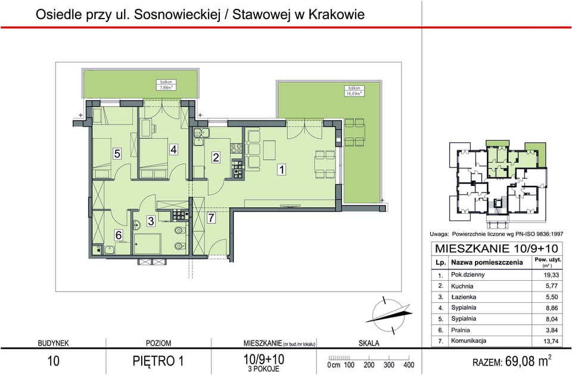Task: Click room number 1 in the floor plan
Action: (x=282, y=169)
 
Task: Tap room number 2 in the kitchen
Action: (x=216, y=157)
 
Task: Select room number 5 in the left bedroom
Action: (x=117, y=153)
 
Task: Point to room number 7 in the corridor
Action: (x=211, y=218)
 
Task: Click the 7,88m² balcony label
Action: (x=166, y=84)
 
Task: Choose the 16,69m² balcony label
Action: (x=355, y=91)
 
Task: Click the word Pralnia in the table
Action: (x=461, y=330)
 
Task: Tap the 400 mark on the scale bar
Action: (x=408, y=365)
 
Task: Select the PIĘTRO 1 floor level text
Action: (x=158, y=361)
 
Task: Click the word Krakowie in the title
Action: (x=335, y=14)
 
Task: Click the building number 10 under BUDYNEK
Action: (x=53, y=361)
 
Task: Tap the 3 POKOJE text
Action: (x=264, y=368)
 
